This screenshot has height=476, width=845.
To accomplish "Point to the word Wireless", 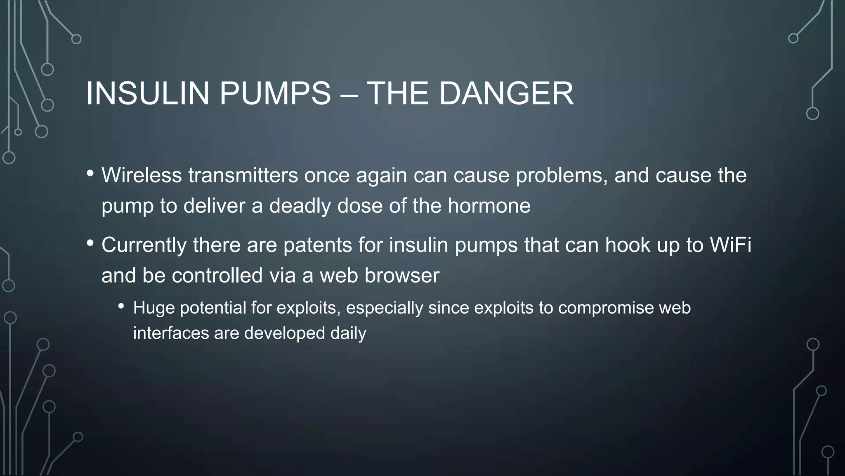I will pos(142,175).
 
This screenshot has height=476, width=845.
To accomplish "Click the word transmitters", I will pos(243,175).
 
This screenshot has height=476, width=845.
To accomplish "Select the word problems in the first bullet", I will pos(562,176).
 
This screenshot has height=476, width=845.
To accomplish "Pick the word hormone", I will pos(489,206).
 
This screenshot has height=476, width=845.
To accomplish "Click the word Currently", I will pos(144,245).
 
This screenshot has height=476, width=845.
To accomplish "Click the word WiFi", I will pos(730,245).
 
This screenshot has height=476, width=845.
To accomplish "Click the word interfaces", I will pos(171,333).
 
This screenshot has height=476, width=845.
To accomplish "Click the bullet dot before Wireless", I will pos(90,174).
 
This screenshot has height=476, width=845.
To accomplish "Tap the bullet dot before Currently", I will pos(90,243).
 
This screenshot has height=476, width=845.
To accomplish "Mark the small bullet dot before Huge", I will pos(121,307).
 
